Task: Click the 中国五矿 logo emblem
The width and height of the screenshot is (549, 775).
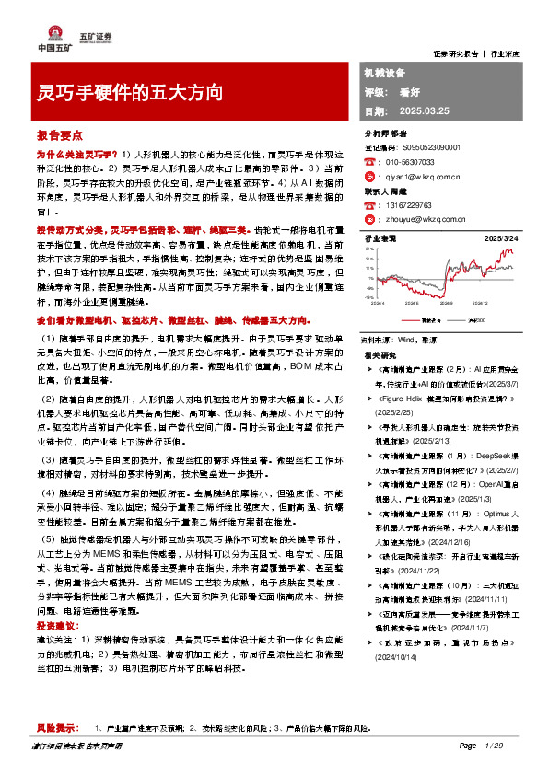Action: tap(43, 29)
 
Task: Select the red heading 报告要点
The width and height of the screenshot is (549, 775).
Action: tap(56, 133)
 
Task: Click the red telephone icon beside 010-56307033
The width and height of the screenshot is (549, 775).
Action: tap(369, 160)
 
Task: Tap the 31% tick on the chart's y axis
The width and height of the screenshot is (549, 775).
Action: tap(369, 249)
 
